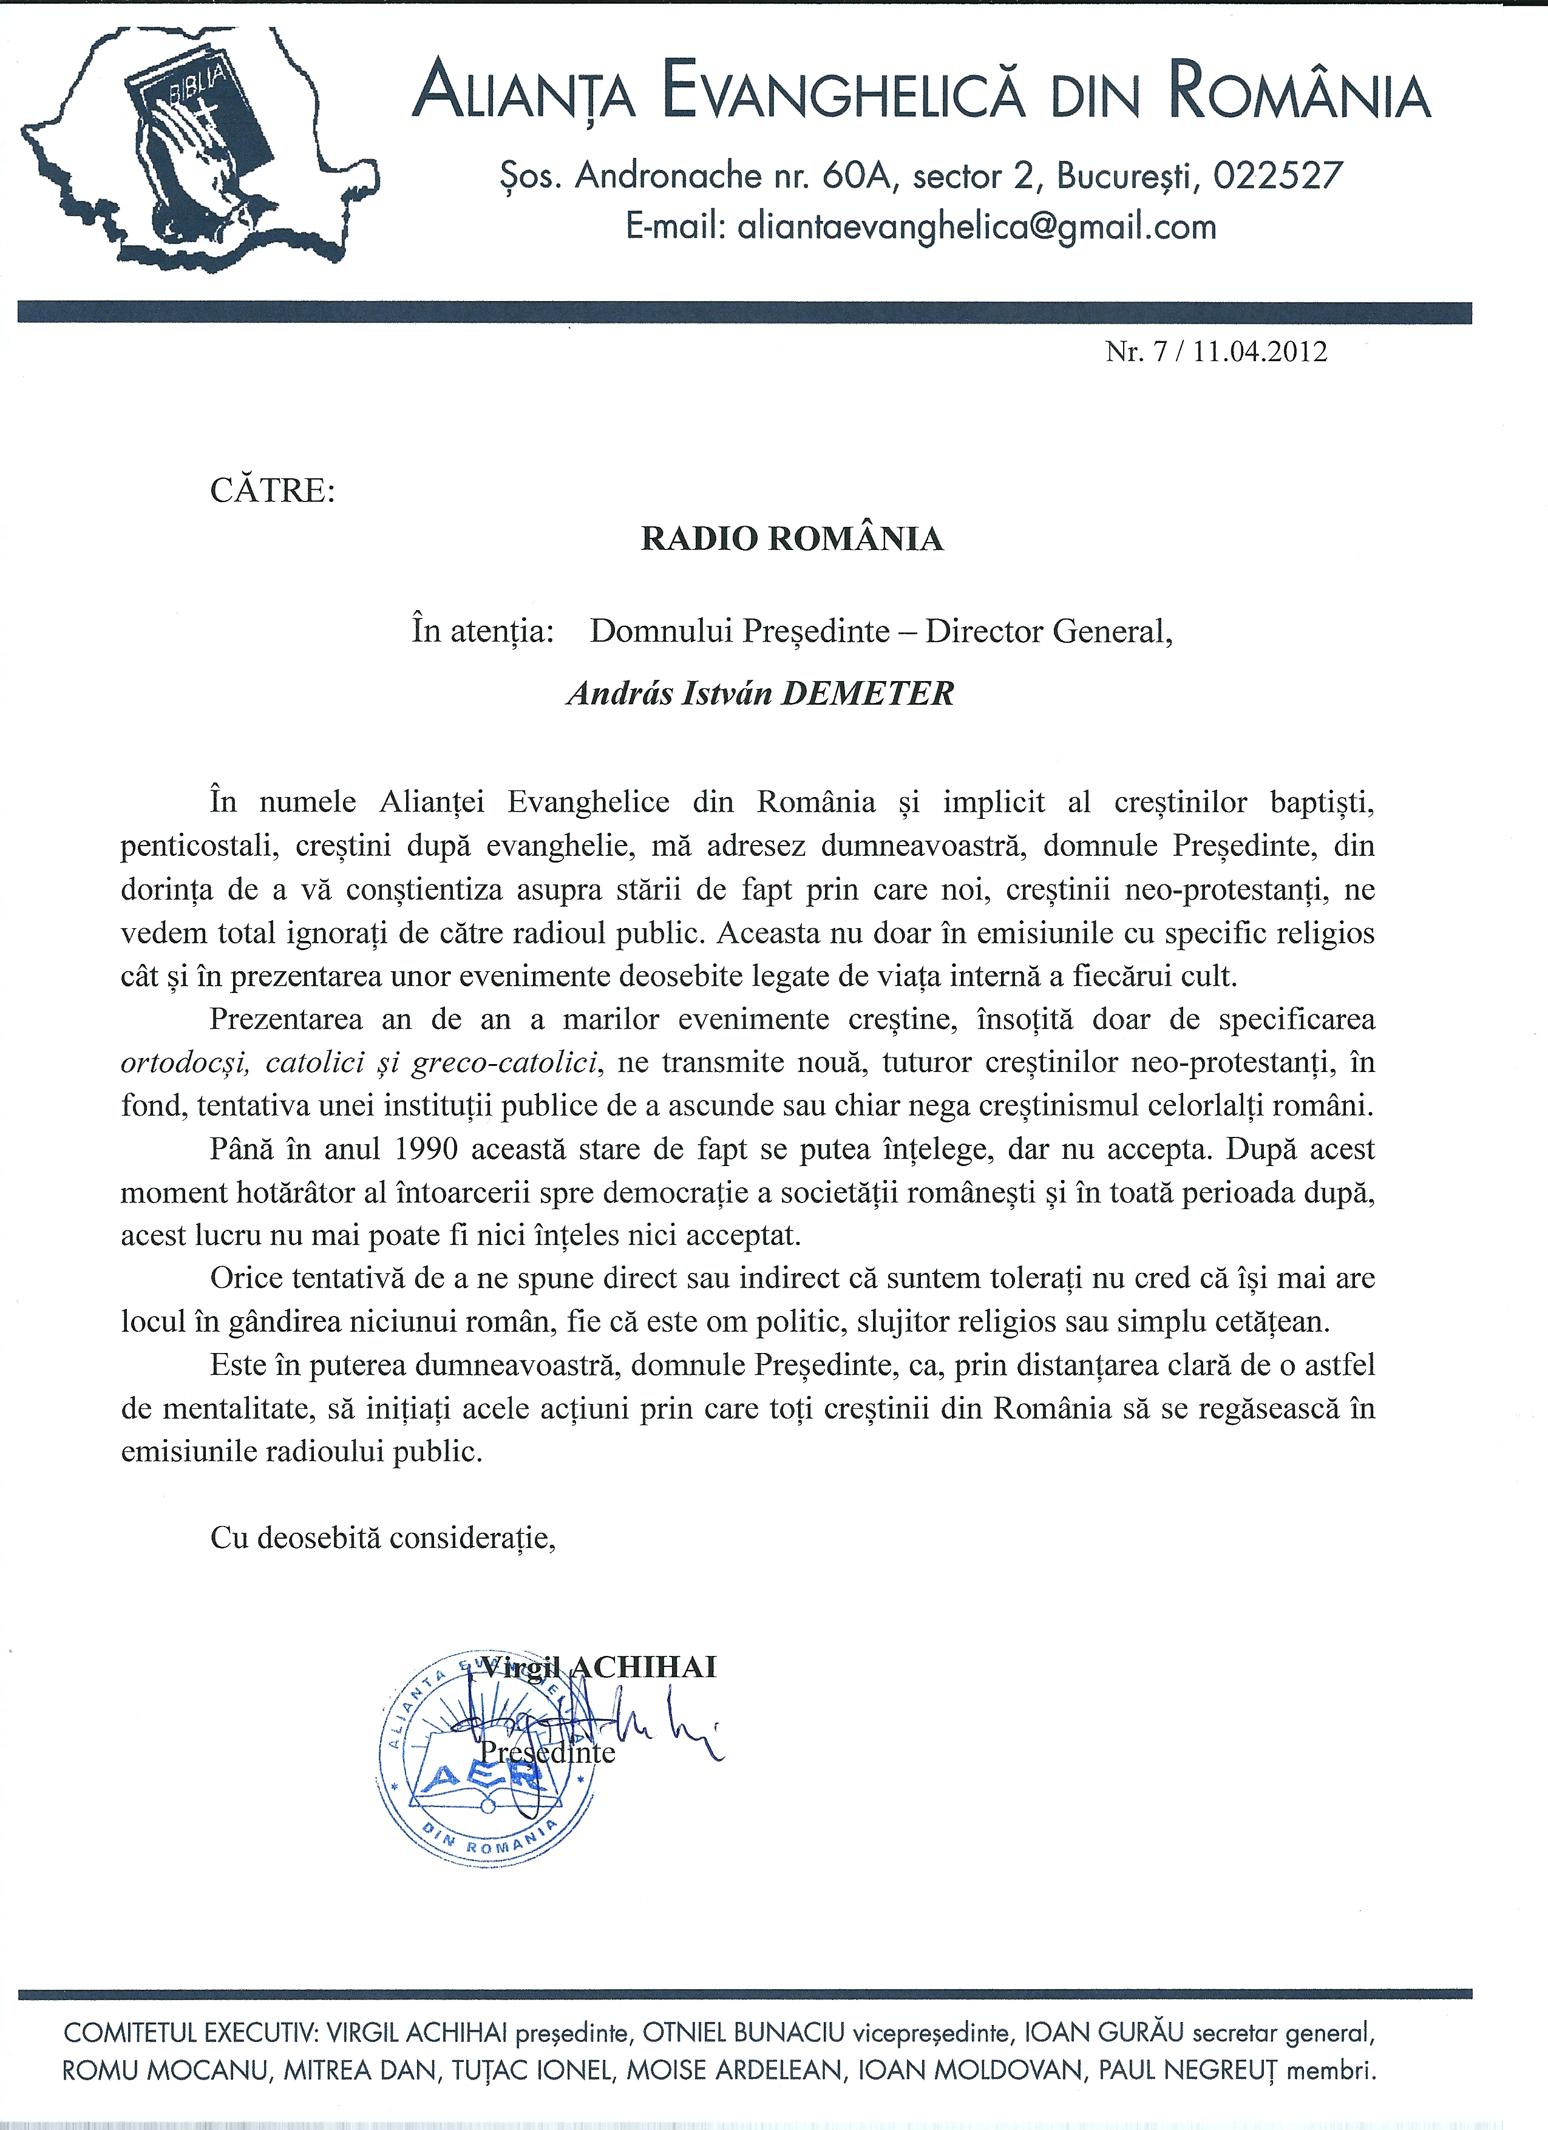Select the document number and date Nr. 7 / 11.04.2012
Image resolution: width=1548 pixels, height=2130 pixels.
1217,352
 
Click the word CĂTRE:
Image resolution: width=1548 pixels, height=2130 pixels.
273,491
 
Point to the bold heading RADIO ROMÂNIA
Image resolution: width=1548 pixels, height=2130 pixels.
792,539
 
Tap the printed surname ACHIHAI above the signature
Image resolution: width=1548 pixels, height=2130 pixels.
643,1667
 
